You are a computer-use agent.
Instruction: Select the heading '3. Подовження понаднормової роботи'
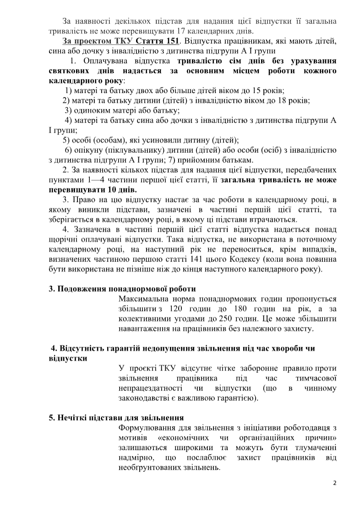[122, 289]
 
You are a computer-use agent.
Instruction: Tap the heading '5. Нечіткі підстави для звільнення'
[116, 418]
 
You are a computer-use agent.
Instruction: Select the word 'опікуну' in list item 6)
[88, 150]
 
